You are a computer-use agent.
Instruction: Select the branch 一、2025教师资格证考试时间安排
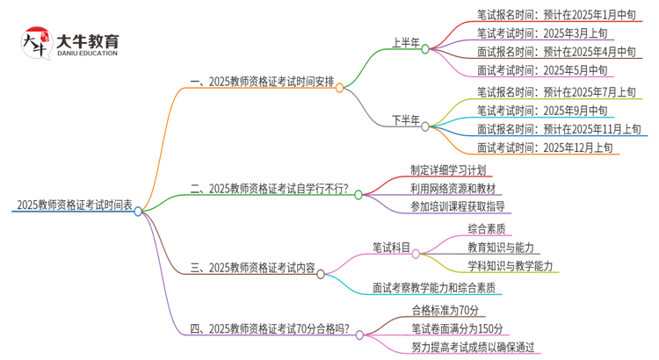click(x=262, y=83)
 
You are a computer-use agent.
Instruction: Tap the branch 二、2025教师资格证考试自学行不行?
click(x=269, y=189)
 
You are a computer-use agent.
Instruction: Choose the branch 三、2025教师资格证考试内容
click(x=253, y=268)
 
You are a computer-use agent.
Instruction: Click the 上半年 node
click(x=405, y=42)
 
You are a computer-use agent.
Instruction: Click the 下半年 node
click(x=405, y=119)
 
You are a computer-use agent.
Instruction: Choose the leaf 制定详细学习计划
click(x=447, y=169)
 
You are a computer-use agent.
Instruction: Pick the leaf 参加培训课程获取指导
click(x=457, y=207)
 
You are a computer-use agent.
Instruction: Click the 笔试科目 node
click(x=391, y=248)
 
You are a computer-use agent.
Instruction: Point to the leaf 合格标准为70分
click(x=445, y=310)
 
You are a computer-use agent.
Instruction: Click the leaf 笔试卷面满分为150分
click(x=457, y=328)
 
